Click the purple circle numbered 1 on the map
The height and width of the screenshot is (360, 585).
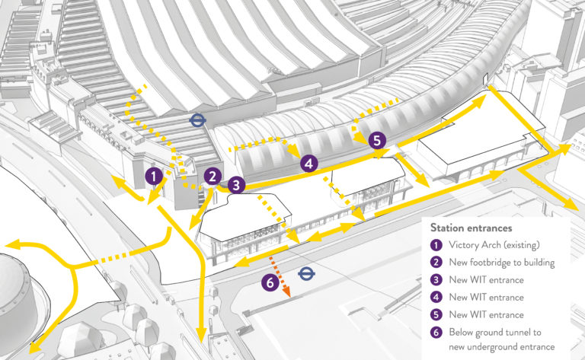pyautogui.click(x=154, y=177)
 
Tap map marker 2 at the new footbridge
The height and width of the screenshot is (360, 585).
pyautogui.click(x=212, y=176)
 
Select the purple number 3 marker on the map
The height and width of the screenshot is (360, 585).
pyautogui.click(x=236, y=184)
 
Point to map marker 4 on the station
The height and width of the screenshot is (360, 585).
pyautogui.click(x=308, y=163)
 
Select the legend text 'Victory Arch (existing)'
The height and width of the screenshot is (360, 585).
pyautogui.click(x=493, y=245)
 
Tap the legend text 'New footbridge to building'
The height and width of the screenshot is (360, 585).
pyautogui.click(x=500, y=263)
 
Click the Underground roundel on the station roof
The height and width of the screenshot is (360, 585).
pyautogui.click(x=197, y=119)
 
